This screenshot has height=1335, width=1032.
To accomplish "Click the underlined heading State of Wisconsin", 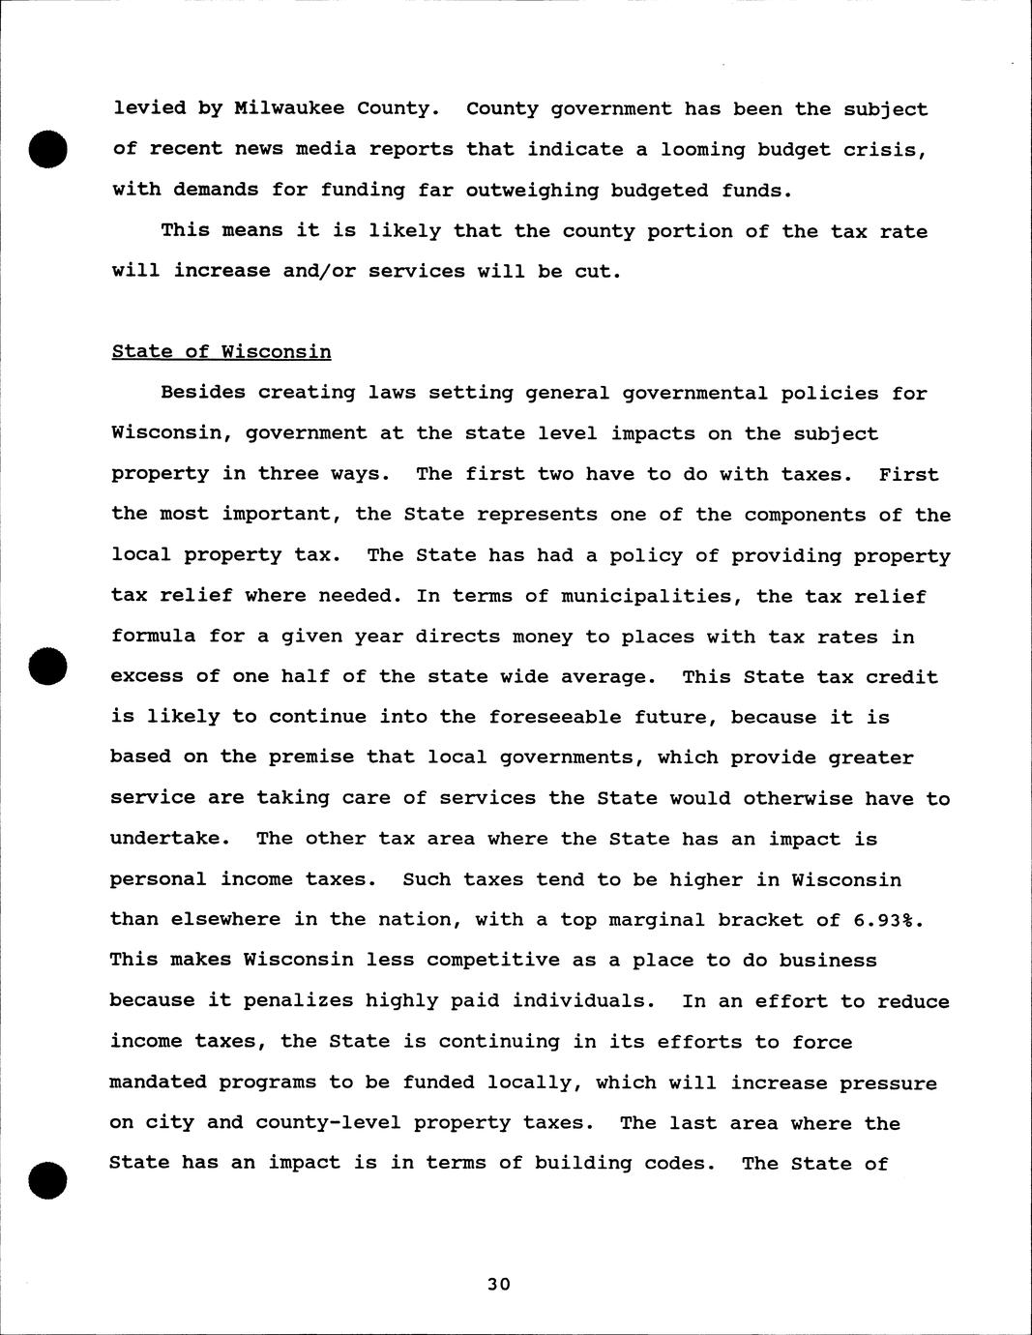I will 221,352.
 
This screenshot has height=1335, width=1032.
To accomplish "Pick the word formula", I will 154,637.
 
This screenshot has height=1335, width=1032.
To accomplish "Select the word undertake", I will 165,839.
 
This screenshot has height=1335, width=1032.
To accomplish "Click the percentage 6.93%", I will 885,920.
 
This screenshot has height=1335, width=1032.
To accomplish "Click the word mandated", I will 159,1083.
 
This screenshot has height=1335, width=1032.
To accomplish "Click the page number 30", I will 499,1285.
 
